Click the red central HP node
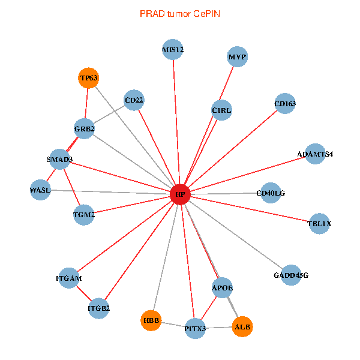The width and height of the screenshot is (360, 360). pyautogui.click(x=180, y=194)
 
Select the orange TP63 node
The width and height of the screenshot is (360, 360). pyautogui.click(x=88, y=78)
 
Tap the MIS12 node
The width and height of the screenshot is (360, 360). pyautogui.click(x=173, y=49)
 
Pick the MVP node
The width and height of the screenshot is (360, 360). pyautogui.click(x=237, y=57)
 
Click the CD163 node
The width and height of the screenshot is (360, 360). pyautogui.click(x=285, y=104)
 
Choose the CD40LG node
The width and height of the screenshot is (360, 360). pyautogui.click(x=271, y=193)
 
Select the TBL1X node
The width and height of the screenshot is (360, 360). pyautogui.click(x=319, y=224)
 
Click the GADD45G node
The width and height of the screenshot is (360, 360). pyautogui.click(x=290, y=275)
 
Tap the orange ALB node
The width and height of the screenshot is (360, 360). pyautogui.click(x=242, y=327)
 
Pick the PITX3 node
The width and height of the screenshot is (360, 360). pyautogui.click(x=195, y=328)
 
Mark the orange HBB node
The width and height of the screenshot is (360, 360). pyautogui.click(x=151, y=321)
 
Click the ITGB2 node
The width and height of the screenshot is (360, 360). pyautogui.click(x=99, y=308)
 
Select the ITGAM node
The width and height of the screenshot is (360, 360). pyautogui.click(x=68, y=278)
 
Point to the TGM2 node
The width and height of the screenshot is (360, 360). pyautogui.click(x=84, y=214)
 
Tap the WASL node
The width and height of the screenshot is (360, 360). pyautogui.click(x=40, y=190)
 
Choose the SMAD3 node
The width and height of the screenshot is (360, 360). pyautogui.click(x=59, y=160)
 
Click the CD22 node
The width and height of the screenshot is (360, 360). pyautogui.click(x=134, y=100)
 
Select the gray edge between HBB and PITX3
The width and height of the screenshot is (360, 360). pyautogui.click(x=173, y=325)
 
